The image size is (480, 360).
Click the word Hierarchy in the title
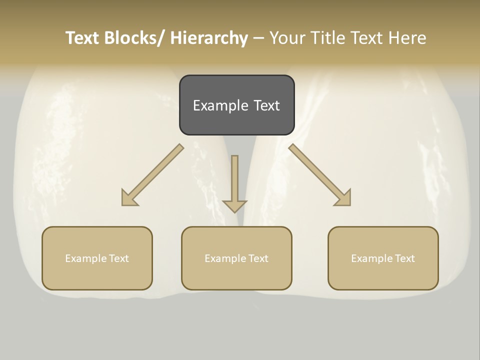(x=209, y=38)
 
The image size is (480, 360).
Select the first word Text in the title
(x=83, y=38)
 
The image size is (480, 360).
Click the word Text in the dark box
(x=266, y=105)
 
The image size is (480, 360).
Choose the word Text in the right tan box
(x=404, y=258)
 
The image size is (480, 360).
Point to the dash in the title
(x=258, y=38)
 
